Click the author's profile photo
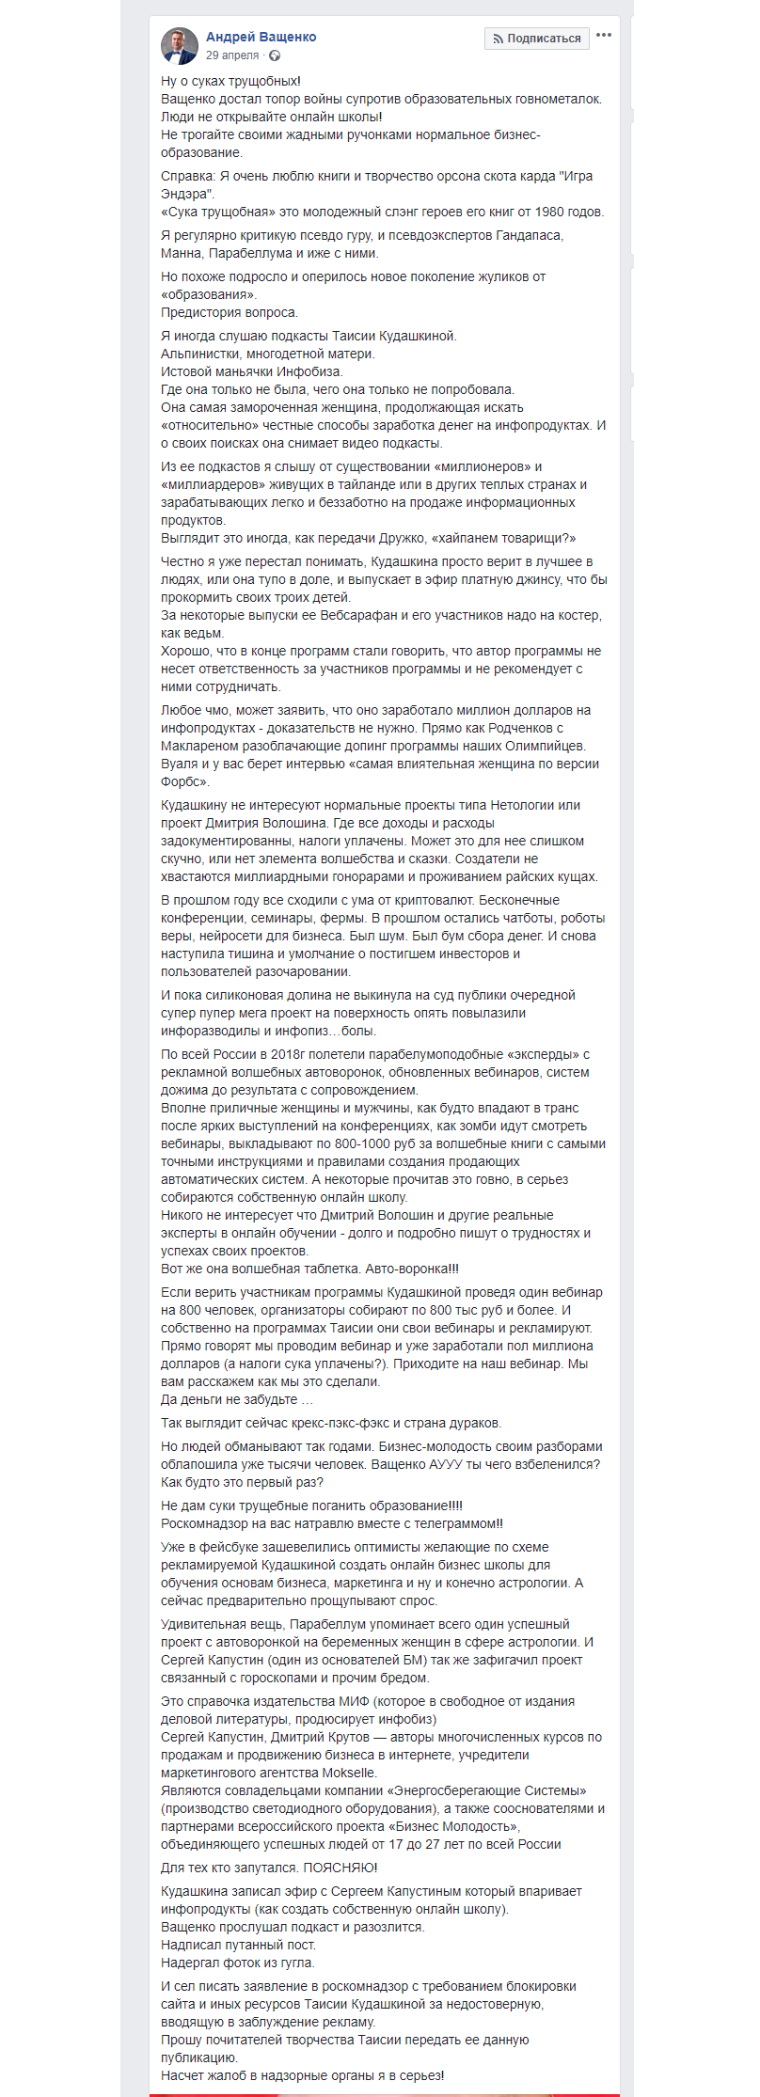[179, 45]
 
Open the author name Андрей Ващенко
[261, 37]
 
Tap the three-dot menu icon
[604, 36]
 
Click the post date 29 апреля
[231, 55]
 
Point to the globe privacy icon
[275, 55]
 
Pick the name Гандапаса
[527, 235]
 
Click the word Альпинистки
[200, 354]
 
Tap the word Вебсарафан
[347, 615]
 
